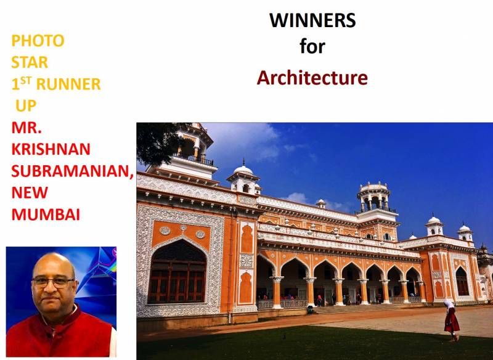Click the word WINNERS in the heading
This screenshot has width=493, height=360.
pos(312,20)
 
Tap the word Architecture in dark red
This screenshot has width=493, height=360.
pos(312,78)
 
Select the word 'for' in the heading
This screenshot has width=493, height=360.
pos(312,46)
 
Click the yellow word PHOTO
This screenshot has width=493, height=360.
pos(38,41)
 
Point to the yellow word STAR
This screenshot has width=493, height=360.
pos(30,62)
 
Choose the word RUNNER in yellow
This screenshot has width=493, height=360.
pos(68,84)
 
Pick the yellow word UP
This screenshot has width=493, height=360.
pos(26,105)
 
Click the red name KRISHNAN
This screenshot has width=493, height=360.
pos(51,149)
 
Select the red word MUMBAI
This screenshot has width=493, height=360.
pos(46,215)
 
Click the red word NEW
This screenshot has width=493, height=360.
pos(30,192)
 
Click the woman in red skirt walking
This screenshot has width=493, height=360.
pos(451,320)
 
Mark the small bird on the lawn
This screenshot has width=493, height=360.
pos(284,337)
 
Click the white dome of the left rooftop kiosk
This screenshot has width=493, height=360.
pos(243,170)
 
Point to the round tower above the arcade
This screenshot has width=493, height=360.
pos(374,197)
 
